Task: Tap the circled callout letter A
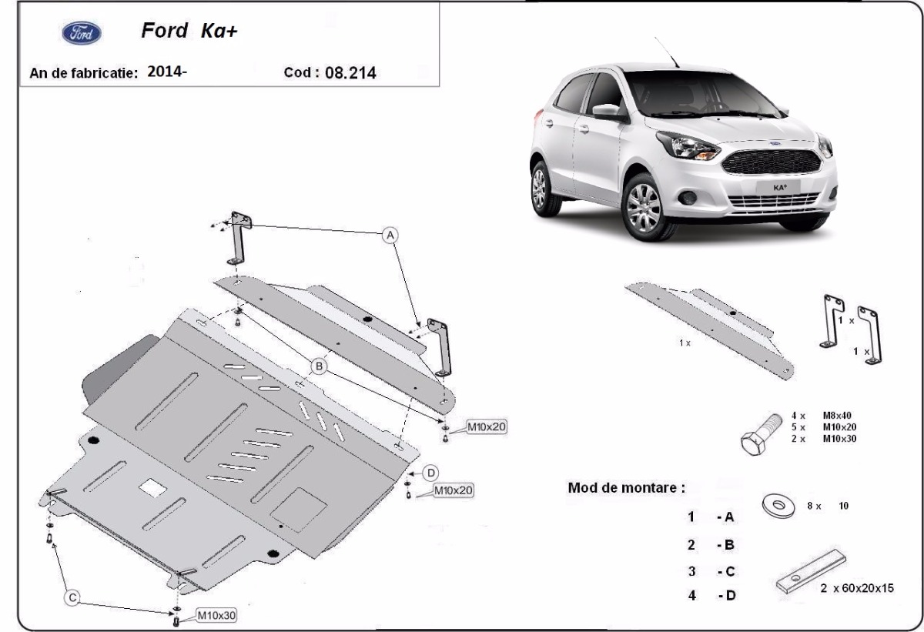[390, 234]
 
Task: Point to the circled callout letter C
[71, 596]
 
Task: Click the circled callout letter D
[431, 472]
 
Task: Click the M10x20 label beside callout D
[453, 490]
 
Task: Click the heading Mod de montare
[625, 487]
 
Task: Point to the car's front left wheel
[644, 205]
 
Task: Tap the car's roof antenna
[666, 51]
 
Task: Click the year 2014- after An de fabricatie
[167, 72]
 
